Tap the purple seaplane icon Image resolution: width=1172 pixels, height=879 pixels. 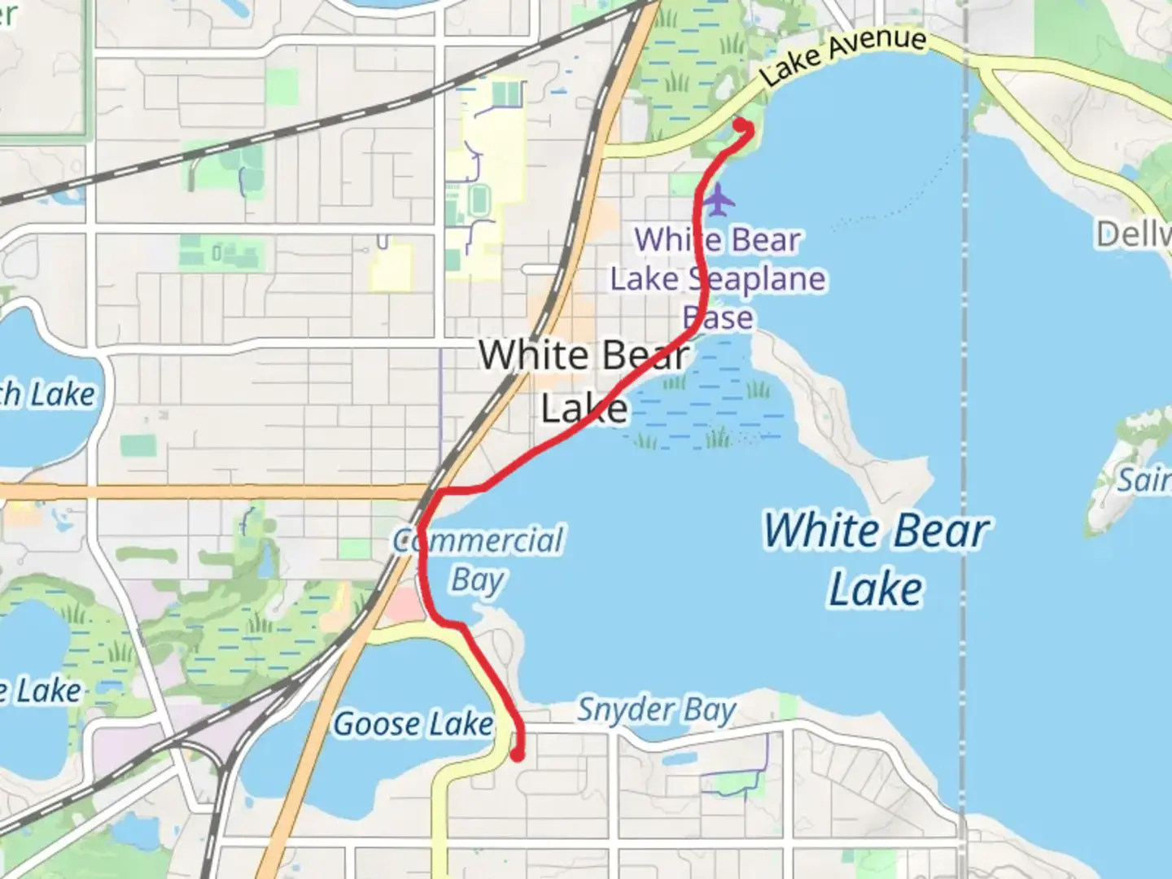point(719,199)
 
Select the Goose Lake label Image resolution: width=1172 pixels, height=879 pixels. point(413,724)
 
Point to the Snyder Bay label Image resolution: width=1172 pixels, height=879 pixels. point(656,711)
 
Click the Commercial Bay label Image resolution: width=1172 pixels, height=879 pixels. point(479,560)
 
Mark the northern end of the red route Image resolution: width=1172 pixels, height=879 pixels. point(741,125)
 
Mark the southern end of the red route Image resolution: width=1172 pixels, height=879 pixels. point(517,755)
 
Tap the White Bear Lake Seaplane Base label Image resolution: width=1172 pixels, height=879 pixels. point(718,278)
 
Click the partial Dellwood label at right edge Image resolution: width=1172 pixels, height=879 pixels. point(1135,235)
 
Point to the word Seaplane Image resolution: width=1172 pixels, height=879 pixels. point(757,279)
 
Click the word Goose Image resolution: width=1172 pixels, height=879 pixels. point(376,724)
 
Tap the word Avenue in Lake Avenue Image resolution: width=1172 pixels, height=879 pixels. point(881,45)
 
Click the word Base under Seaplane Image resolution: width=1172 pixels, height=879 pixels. point(718,317)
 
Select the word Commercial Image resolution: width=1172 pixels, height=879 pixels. point(479,540)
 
